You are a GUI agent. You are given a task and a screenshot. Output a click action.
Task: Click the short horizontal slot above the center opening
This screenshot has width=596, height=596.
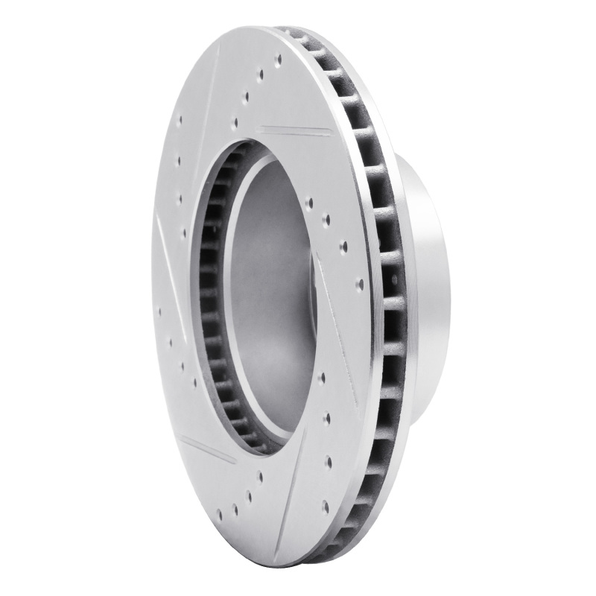(297, 132)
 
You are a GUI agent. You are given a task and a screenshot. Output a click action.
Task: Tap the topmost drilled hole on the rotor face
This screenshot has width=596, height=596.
(278, 58)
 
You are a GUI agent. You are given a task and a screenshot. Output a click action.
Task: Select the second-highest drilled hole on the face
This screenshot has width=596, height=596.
(261, 74)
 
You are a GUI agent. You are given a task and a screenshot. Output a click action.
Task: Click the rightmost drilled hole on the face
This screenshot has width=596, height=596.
(360, 283)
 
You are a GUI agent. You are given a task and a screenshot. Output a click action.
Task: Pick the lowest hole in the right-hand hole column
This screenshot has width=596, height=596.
(325, 507)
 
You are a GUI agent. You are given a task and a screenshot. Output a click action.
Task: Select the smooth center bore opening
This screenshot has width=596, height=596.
(272, 298)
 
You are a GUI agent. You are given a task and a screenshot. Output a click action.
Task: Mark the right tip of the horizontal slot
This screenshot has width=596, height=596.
(331, 136)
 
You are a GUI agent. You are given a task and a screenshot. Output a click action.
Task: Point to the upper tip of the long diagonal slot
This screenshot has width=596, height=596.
(317, 257)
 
